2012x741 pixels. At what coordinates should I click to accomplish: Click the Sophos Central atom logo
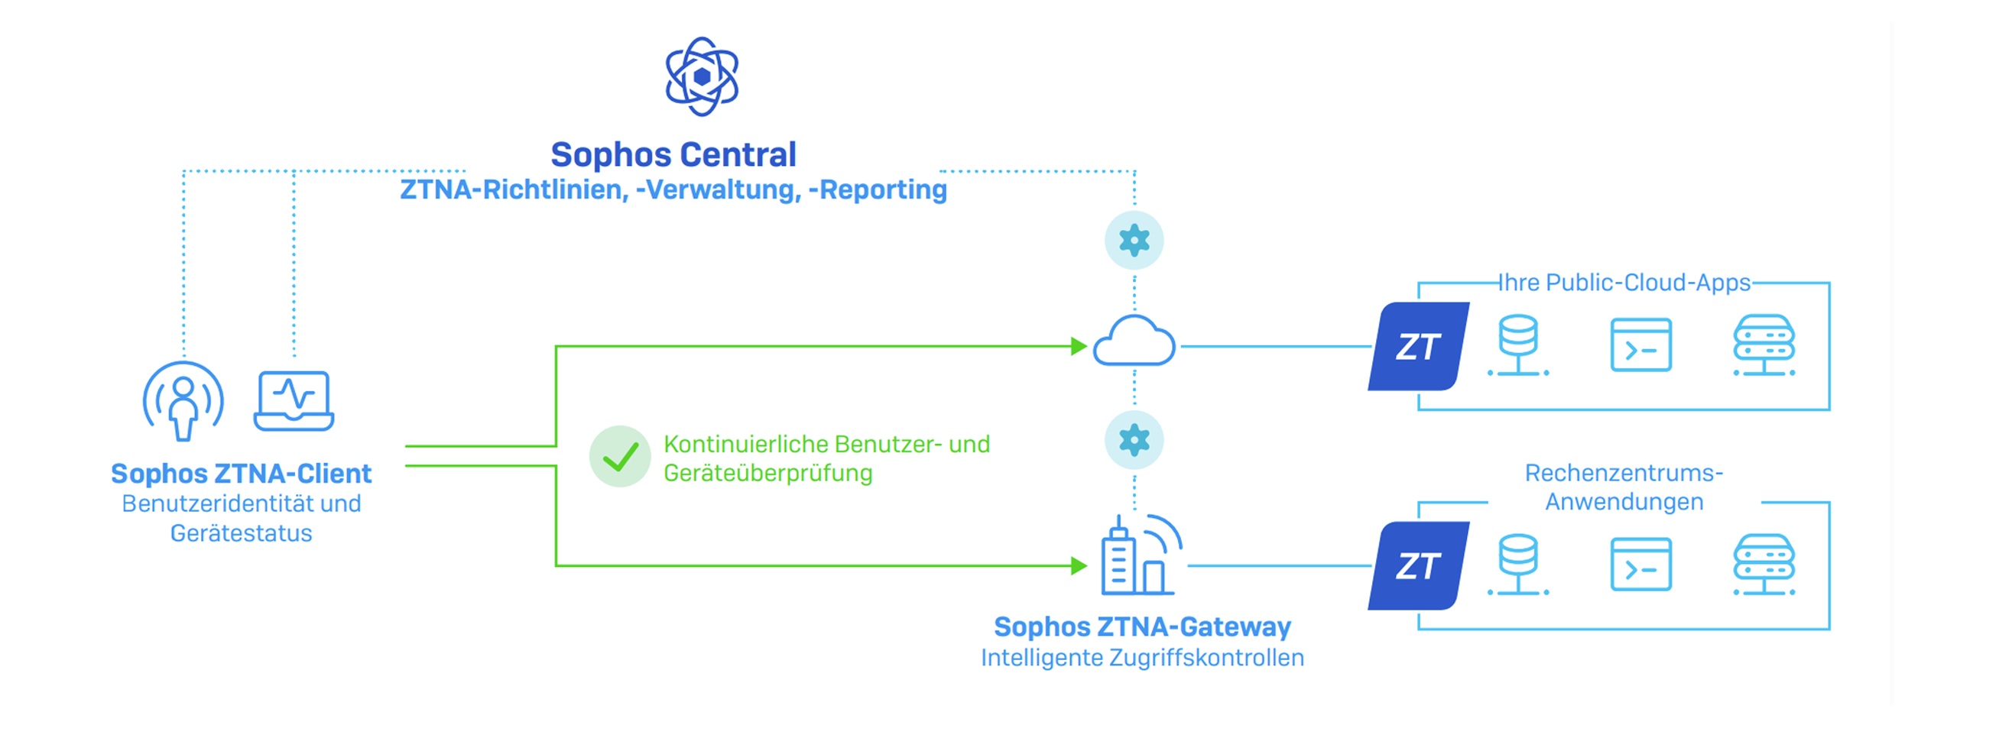(x=702, y=76)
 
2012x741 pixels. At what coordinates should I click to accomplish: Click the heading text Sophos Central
(x=673, y=154)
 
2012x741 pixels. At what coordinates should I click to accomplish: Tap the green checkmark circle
(x=620, y=457)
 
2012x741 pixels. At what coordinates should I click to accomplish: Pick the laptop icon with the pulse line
(x=294, y=400)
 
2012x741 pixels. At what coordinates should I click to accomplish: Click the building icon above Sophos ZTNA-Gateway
(x=1138, y=556)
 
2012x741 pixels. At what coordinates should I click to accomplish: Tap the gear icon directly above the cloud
(x=1134, y=241)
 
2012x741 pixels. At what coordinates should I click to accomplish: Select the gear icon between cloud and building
(x=1134, y=440)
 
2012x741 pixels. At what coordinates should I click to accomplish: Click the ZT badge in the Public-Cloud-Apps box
(x=1418, y=347)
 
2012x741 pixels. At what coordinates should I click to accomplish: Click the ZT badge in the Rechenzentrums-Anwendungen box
(x=1418, y=566)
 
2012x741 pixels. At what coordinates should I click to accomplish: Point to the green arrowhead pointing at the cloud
(x=1079, y=346)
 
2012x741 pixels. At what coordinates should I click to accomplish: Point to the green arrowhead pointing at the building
(x=1079, y=565)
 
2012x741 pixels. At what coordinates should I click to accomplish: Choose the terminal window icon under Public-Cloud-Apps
(x=1640, y=345)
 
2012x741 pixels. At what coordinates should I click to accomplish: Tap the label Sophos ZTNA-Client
(x=242, y=474)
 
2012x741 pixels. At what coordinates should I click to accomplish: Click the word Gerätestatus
(x=242, y=533)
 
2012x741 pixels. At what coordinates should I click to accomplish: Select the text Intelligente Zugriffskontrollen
(x=1142, y=658)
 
